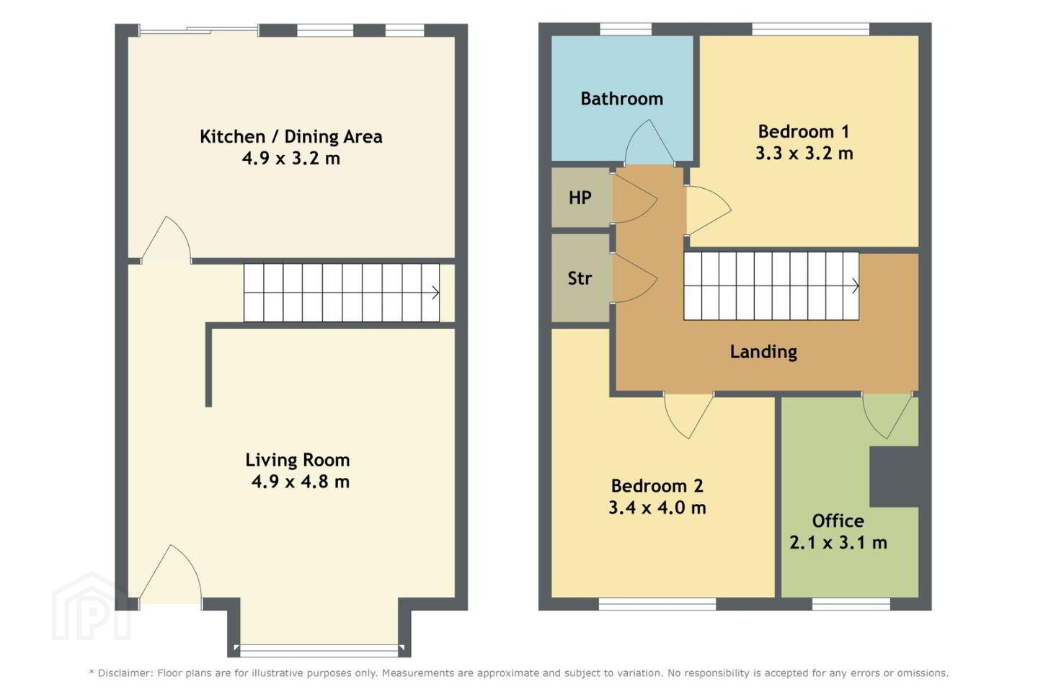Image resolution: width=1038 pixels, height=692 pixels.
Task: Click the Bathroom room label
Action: [621, 99]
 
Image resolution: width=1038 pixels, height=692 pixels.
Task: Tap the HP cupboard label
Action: [580, 198]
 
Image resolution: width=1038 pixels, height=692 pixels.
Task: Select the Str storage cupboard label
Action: [580, 278]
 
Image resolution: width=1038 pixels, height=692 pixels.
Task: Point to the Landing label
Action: [763, 352]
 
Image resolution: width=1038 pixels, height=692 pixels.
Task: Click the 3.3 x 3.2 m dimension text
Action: [804, 154]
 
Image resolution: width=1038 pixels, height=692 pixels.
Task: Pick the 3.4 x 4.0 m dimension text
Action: [657, 507]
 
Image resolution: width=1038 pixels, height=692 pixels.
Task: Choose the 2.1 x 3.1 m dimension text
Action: [838, 542]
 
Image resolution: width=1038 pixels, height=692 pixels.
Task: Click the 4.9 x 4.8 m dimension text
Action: [301, 482]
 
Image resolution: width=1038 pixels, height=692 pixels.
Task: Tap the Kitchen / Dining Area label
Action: [291, 137]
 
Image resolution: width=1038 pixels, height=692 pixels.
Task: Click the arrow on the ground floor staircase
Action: [435, 293]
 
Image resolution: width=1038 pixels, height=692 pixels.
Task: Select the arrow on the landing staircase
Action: [856, 286]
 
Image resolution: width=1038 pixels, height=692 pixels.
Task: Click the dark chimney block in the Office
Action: [894, 476]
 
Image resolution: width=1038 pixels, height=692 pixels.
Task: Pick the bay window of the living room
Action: [319, 650]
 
